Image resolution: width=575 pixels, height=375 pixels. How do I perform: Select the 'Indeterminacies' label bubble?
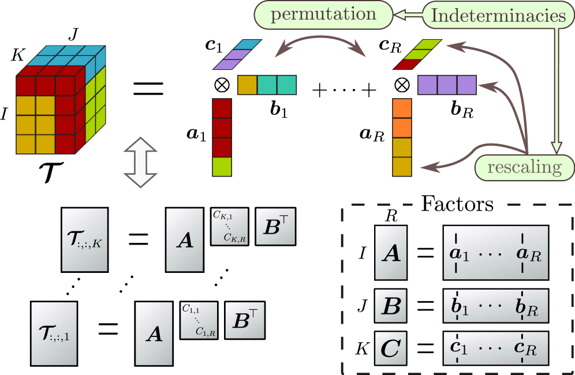pos(499,16)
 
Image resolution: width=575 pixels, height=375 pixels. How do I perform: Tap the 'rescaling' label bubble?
pos(524,167)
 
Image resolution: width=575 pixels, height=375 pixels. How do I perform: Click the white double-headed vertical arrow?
pos(141,161)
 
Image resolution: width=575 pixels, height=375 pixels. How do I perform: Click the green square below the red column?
pos(222,167)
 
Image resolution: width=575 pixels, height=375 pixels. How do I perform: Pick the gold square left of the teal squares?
pos(247,85)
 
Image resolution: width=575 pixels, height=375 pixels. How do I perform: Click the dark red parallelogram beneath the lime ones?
pos(405,65)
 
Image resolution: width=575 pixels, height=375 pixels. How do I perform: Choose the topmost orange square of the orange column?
pos(402,108)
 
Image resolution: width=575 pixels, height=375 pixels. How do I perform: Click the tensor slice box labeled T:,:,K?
pos(85,239)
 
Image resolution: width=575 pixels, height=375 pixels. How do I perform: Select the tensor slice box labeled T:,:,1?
pos(54,333)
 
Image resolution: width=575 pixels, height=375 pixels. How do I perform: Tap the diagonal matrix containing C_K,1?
pos(229,227)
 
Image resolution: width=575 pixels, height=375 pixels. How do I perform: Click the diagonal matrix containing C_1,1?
pos(199,320)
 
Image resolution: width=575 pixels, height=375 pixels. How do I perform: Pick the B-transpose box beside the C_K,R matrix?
pos(275,226)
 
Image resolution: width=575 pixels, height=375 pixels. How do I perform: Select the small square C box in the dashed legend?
pos(391,348)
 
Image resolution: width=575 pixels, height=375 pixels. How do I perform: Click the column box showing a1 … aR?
pos(495,253)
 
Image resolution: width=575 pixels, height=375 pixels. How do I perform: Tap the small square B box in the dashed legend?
pos(391,306)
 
